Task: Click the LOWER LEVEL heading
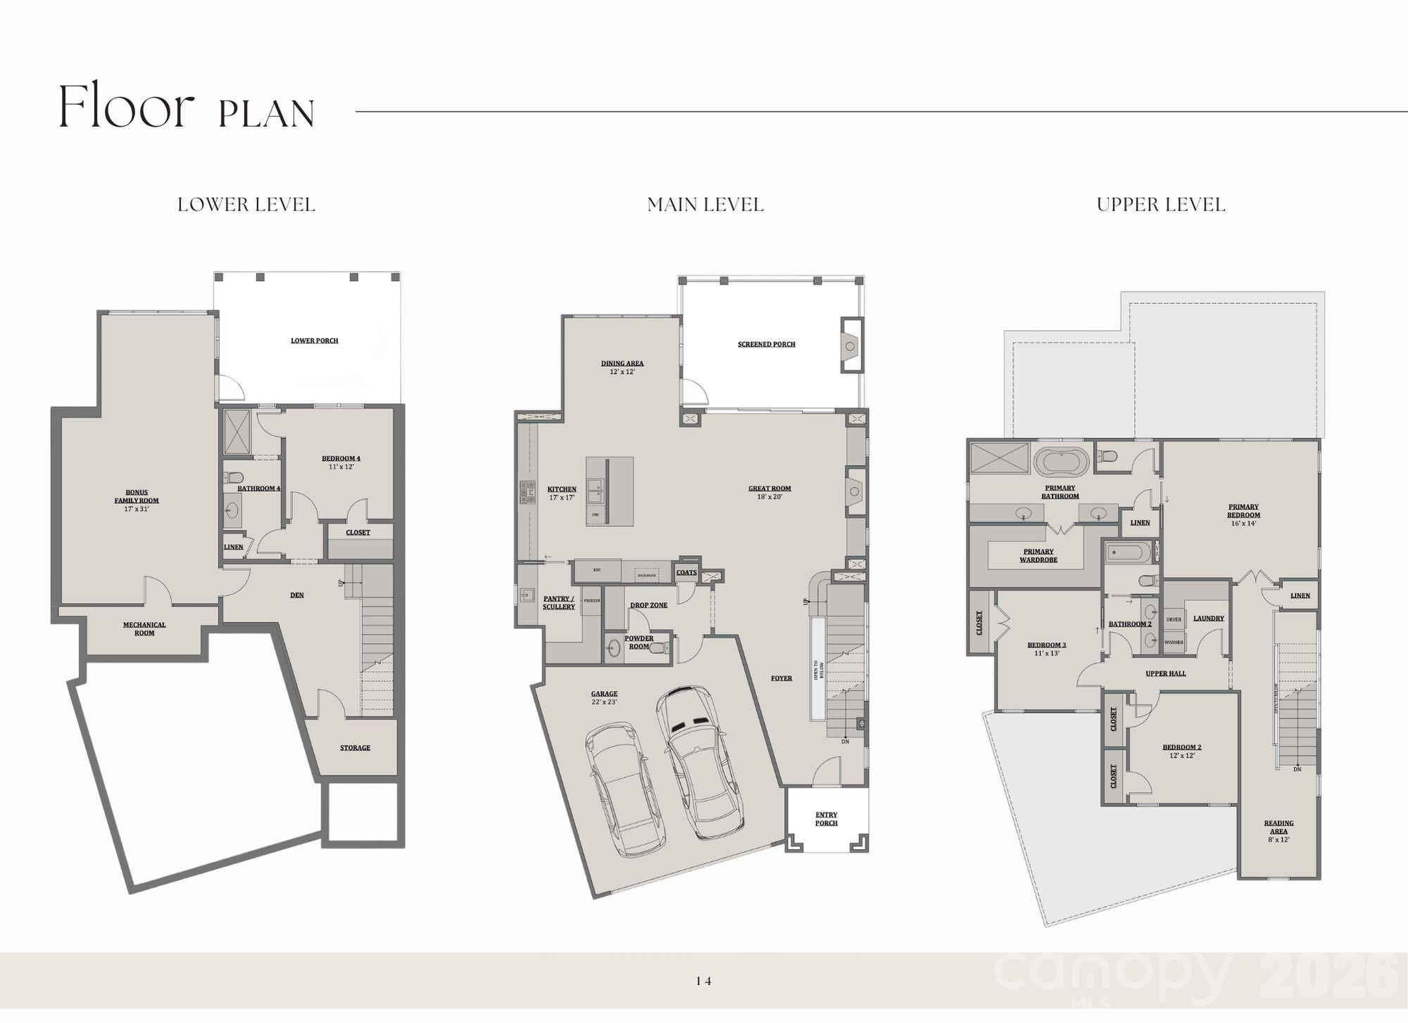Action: pyautogui.click(x=246, y=205)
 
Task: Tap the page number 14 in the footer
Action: pyautogui.click(x=703, y=981)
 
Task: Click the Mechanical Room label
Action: pyautogui.click(x=144, y=628)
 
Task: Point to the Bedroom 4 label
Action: pyautogui.click(x=341, y=462)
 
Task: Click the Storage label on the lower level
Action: pyautogui.click(x=355, y=747)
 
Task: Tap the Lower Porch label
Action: pyautogui.click(x=315, y=341)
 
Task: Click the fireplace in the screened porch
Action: pyautogui.click(x=851, y=345)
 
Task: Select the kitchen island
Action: pyautogui.click(x=609, y=491)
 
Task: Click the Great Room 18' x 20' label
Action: pyautogui.click(x=769, y=492)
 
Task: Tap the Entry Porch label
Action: pyautogui.click(x=826, y=819)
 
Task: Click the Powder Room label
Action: pyautogui.click(x=639, y=642)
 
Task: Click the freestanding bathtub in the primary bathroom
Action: pyautogui.click(x=1062, y=463)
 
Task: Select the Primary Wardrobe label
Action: pyautogui.click(x=1038, y=556)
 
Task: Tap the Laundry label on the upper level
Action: pyautogui.click(x=1209, y=618)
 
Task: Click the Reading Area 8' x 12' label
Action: pyautogui.click(x=1278, y=831)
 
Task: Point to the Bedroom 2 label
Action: pyautogui.click(x=1181, y=751)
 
